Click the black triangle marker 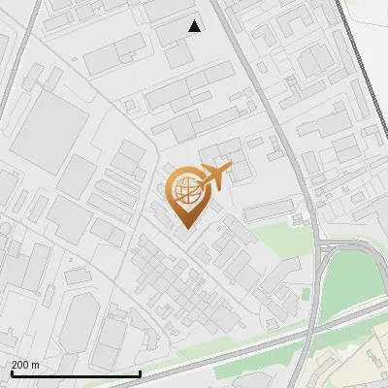[x=195, y=26]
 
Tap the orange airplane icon [x=216, y=176]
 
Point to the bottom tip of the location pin [x=185, y=229]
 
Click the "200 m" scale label [x=25, y=365]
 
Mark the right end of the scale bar [x=141, y=373]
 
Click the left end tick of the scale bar [x=12, y=373]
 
